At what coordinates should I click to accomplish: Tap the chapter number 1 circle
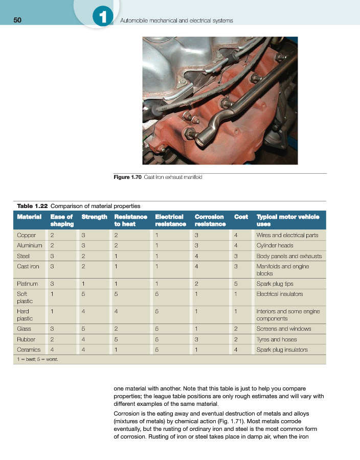tap(103, 18)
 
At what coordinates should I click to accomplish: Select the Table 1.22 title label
tap(33, 206)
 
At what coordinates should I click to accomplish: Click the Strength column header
tap(94, 217)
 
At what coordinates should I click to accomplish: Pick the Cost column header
tap(241, 217)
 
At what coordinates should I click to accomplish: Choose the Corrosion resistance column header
tap(210, 220)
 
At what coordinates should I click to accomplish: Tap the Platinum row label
tap(28, 284)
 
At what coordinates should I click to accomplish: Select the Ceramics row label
tap(28, 350)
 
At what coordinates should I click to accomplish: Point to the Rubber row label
tap(26, 339)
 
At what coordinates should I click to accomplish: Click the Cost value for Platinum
tap(236, 284)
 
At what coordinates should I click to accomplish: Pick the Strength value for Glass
tap(84, 329)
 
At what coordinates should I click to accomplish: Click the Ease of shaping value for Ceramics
tap(52, 350)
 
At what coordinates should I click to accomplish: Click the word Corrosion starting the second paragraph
tap(126, 413)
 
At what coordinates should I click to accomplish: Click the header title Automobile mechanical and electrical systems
tap(176, 20)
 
